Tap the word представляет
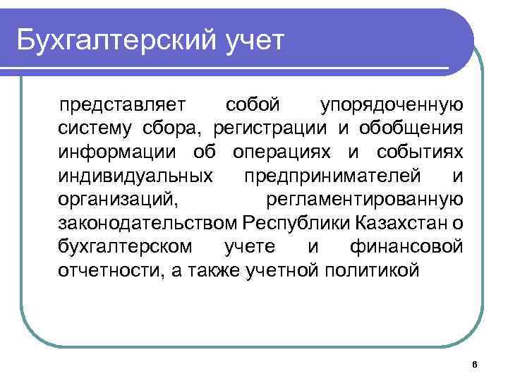(122, 106)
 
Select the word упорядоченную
(392, 106)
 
